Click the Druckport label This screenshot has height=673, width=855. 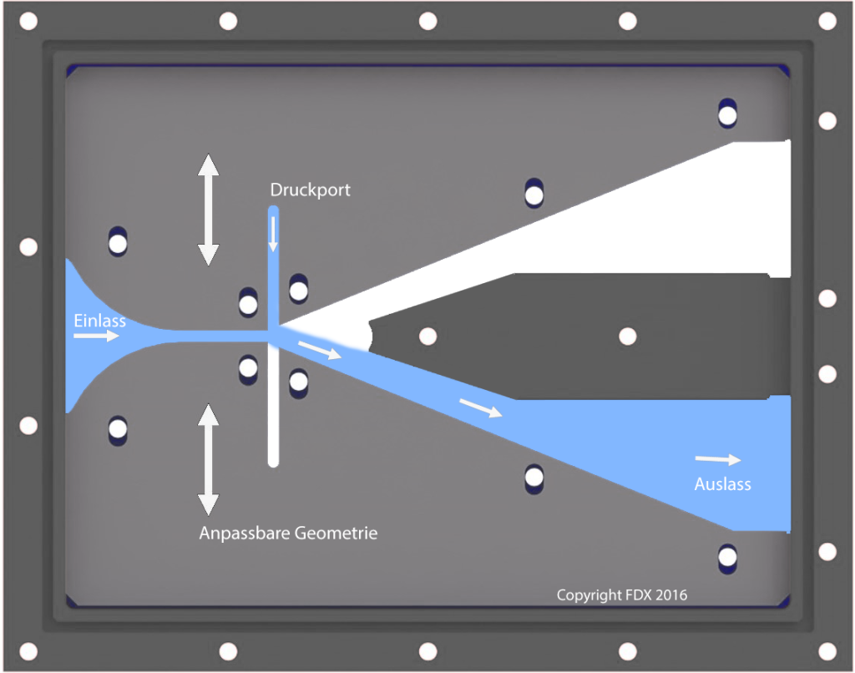point(310,190)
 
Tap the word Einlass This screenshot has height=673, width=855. point(99,321)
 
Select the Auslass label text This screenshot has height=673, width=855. point(722,484)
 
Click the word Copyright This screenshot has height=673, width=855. point(589,595)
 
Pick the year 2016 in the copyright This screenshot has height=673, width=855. point(671,595)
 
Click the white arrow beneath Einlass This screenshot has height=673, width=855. point(96,336)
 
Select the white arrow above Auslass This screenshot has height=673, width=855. point(718,459)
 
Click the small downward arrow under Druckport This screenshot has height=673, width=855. point(273,235)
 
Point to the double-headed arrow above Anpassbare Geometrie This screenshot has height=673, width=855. point(208,458)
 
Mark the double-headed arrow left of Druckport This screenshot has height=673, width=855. point(208,210)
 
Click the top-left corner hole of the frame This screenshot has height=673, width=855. point(28,21)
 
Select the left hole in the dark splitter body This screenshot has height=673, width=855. point(427,336)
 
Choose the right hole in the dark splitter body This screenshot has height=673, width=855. point(627,336)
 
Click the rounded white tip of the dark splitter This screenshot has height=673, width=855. point(364,336)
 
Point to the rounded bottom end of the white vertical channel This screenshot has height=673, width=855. point(273,461)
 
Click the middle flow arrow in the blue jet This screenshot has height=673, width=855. point(480,408)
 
